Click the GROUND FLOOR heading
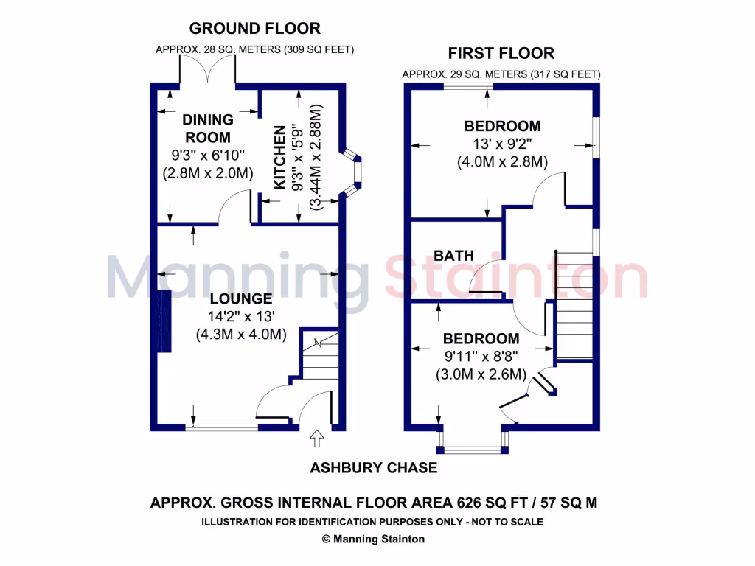(x=254, y=29)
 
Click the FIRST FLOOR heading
(x=501, y=53)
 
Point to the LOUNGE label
(x=241, y=298)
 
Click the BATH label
(x=454, y=256)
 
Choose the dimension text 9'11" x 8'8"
(x=481, y=357)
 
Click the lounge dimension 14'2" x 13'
(x=241, y=317)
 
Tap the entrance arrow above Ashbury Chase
(x=318, y=439)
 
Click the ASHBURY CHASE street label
(x=373, y=468)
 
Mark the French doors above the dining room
(x=208, y=71)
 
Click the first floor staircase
(x=574, y=306)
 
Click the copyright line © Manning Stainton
(x=373, y=539)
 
